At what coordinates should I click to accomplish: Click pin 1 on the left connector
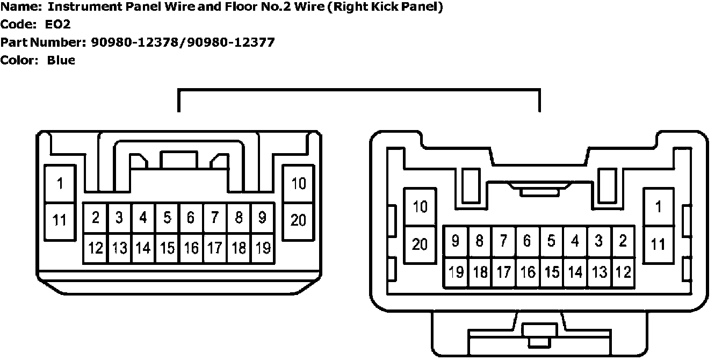[x=60, y=184]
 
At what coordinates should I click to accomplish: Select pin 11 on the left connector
[x=60, y=220]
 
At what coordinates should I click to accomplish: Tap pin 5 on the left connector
[x=167, y=218]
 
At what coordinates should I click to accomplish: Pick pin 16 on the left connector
[x=191, y=248]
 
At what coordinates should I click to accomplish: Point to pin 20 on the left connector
[x=298, y=220]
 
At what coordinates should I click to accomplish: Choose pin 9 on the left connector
[x=262, y=218]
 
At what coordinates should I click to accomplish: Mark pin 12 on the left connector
[x=96, y=248]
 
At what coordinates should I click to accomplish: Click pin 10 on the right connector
[x=420, y=206]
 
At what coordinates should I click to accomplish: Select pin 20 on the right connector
[x=420, y=244]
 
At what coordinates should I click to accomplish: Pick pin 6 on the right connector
[x=528, y=241]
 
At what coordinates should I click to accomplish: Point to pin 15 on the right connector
[x=551, y=272]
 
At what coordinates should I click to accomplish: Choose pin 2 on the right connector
[x=623, y=241]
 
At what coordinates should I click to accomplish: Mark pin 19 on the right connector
[x=456, y=272]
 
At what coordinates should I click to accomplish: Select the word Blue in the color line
[x=61, y=60]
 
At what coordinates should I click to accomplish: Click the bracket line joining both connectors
[x=358, y=91]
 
